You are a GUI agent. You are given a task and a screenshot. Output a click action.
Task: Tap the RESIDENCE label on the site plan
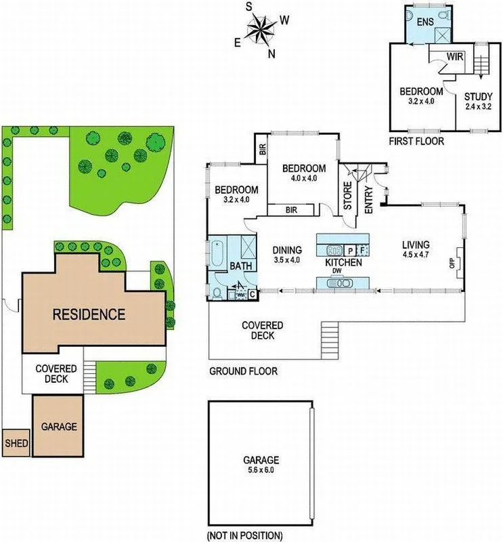click(91, 314)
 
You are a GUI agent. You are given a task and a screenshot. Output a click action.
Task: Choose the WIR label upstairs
click(454, 58)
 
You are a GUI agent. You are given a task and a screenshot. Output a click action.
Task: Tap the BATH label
click(241, 266)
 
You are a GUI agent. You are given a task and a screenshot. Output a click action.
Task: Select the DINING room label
click(287, 249)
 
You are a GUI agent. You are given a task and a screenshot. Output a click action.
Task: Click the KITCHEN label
click(343, 262)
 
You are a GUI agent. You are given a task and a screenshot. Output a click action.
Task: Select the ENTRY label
click(370, 201)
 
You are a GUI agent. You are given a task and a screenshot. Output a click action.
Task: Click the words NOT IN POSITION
click(245, 535)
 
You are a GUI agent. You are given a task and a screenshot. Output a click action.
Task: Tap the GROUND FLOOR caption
click(243, 371)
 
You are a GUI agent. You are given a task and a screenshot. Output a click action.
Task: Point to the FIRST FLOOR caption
click(416, 142)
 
